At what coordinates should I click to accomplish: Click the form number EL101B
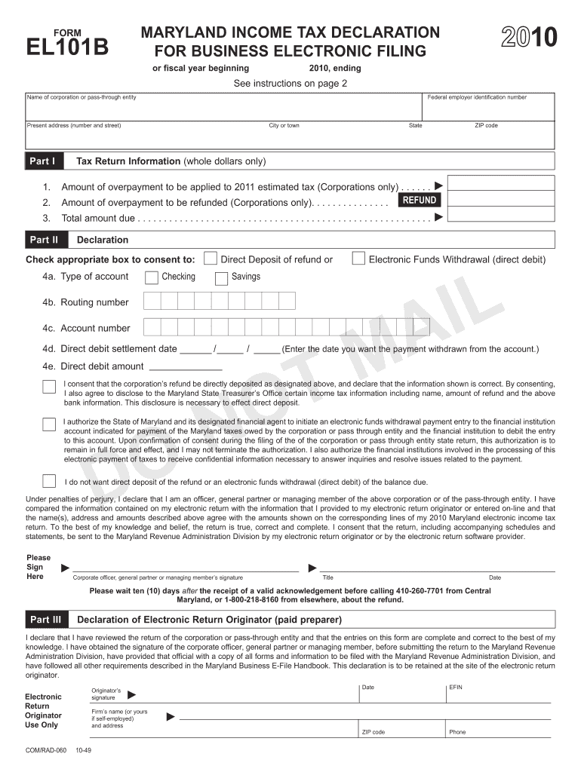click(68, 47)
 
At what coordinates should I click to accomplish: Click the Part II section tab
click(44, 240)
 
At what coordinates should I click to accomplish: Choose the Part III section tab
click(45, 620)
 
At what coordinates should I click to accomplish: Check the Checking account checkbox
click(152, 278)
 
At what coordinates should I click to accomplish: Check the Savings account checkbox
click(221, 278)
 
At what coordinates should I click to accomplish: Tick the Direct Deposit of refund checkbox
click(211, 259)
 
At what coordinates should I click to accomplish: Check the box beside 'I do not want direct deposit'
click(49, 481)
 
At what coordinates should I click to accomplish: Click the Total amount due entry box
click(501, 218)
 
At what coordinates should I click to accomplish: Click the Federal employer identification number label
click(477, 97)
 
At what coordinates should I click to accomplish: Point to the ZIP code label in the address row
click(486, 125)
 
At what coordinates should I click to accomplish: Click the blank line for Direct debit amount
click(186, 367)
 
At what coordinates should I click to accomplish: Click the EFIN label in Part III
click(456, 688)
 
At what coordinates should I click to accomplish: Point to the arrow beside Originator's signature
click(132, 694)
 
